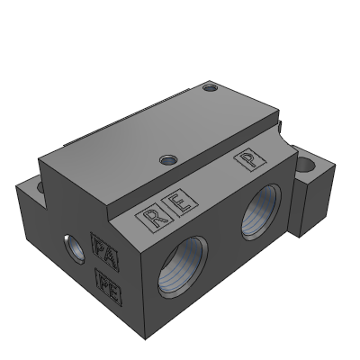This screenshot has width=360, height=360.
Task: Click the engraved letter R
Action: pyautogui.click(x=153, y=216)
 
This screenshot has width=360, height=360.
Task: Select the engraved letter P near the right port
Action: pyautogui.click(x=245, y=160)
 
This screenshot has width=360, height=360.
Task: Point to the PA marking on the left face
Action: pyautogui.click(x=103, y=247)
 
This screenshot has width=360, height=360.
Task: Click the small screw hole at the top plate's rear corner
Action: pyautogui.click(x=210, y=88)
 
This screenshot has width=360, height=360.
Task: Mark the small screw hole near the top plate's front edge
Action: pyautogui.click(x=166, y=160)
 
